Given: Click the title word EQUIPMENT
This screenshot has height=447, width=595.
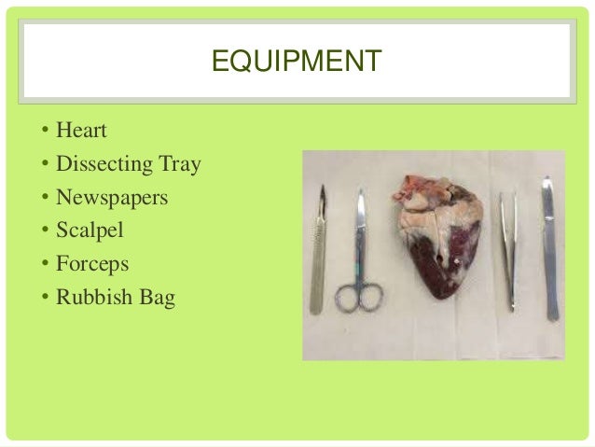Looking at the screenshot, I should tap(296, 63).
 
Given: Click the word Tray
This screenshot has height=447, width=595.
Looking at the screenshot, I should tap(179, 166).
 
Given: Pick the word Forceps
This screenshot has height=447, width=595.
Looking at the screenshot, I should tap(91, 263).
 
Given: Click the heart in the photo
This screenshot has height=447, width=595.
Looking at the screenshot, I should tap(437, 243).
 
